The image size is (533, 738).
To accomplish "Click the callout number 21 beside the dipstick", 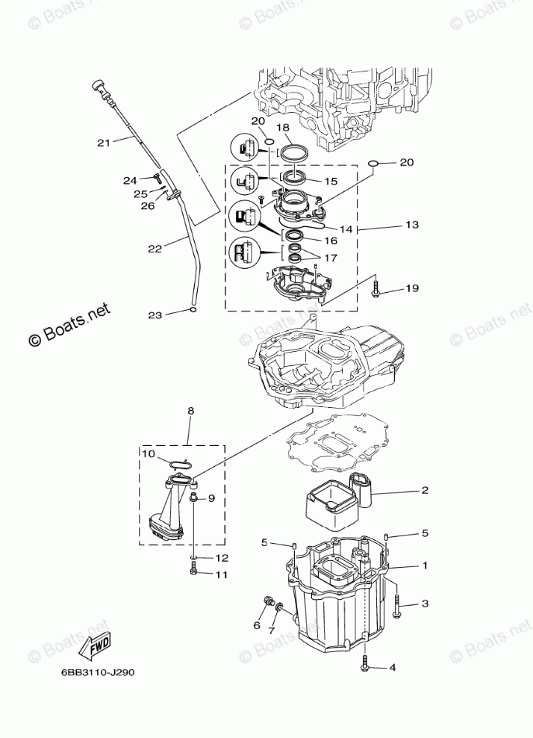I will (x=104, y=141).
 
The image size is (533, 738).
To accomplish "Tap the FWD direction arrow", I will (x=98, y=645).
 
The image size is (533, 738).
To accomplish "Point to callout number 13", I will (x=412, y=224).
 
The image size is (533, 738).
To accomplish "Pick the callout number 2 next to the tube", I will (x=424, y=491).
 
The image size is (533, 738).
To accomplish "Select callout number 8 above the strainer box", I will (x=190, y=411).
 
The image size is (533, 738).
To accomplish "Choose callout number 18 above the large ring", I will (x=283, y=128).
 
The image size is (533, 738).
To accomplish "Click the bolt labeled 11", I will (x=194, y=571).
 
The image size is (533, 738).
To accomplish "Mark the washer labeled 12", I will (x=193, y=557).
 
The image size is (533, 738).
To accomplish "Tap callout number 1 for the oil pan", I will (x=424, y=565).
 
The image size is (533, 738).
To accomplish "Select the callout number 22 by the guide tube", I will (x=155, y=249).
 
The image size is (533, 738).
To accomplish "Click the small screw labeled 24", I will (x=157, y=176).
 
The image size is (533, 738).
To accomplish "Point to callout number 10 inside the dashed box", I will (x=149, y=453).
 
